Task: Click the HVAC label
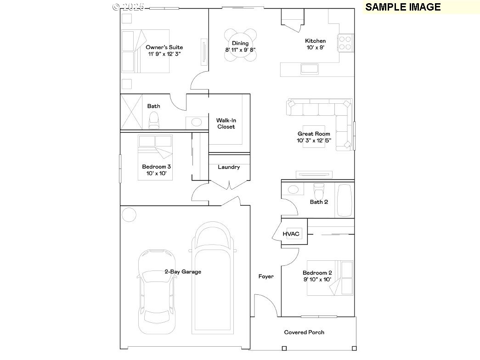[x=291, y=234]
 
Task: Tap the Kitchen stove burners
[x=345, y=43]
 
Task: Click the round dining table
[x=240, y=45]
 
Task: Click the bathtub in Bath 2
[x=344, y=200]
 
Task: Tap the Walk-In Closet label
[x=226, y=124]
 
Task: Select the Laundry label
[x=229, y=167]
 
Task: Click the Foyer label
[x=265, y=276]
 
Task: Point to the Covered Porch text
[x=304, y=332]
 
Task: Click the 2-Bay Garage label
[x=183, y=271]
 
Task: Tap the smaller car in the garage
[x=157, y=292]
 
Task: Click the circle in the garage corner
[x=129, y=214]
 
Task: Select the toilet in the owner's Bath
[x=154, y=120]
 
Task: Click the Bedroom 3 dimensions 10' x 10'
[x=156, y=173]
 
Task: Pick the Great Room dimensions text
[x=314, y=141]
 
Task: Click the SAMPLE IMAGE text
[x=403, y=7]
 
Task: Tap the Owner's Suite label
[x=164, y=47]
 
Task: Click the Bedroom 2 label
[x=317, y=273]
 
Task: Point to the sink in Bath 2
[x=293, y=190]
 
